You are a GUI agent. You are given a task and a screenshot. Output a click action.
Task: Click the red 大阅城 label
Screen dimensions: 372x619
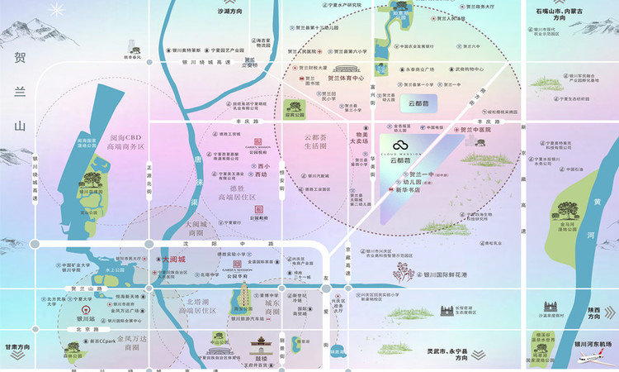(175, 259)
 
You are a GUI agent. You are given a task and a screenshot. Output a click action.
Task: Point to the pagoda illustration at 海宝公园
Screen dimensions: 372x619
(245, 293)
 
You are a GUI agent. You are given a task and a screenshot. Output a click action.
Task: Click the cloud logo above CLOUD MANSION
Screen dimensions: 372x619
(399, 146)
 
